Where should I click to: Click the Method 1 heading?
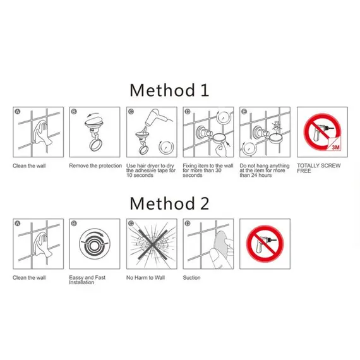[x=169, y=90]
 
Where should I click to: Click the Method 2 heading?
[x=169, y=203]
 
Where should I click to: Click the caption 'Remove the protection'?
[x=95, y=165]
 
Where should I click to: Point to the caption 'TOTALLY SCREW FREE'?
[x=319, y=168]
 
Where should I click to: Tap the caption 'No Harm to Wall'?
[x=145, y=277]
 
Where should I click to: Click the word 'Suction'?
[x=191, y=277]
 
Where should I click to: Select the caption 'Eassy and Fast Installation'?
[x=87, y=280]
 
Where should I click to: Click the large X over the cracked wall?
[x=152, y=244]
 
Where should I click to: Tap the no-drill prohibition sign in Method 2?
[x=265, y=244]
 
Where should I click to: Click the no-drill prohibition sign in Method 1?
[x=322, y=132]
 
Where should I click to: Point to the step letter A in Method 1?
[x=18, y=112]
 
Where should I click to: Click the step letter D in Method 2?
[x=188, y=224]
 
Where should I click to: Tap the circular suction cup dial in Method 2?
[x=95, y=244]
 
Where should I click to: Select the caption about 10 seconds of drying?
[x=150, y=171]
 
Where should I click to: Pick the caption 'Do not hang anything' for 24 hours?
[x=265, y=171]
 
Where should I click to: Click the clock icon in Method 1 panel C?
[x=166, y=147]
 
